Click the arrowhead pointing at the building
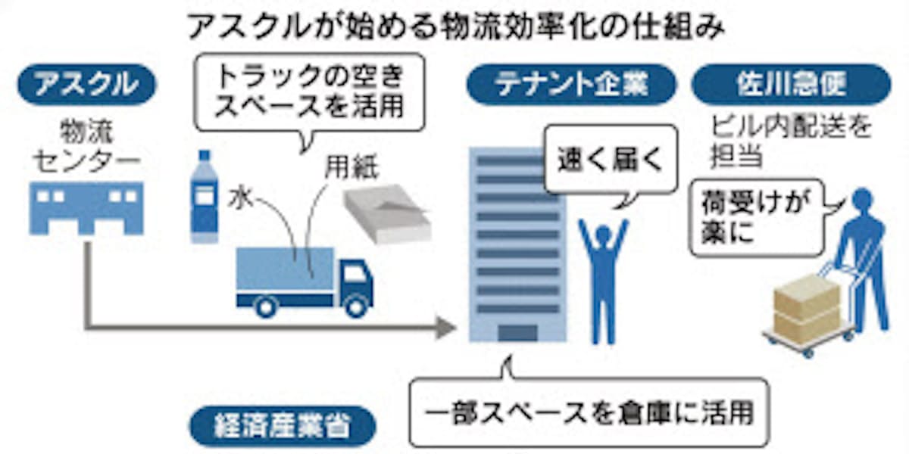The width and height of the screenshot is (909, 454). (x=447, y=328)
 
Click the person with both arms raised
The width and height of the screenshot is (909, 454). (x=603, y=272)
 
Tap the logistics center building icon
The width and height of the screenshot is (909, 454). (x=86, y=207)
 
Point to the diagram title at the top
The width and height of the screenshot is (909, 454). (x=454, y=28)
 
